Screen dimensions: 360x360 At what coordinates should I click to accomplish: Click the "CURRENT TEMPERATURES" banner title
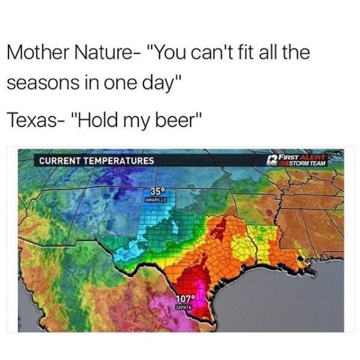(x=96, y=161)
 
